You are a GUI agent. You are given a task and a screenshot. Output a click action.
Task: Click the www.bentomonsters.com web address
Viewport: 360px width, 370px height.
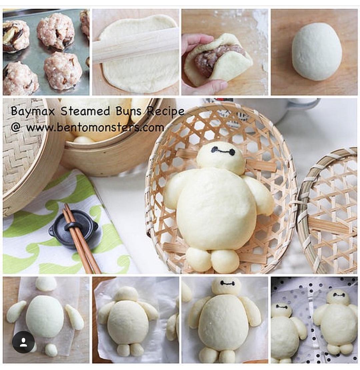coord(95,127)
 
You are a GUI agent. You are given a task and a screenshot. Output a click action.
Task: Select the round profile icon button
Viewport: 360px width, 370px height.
coord(23,342)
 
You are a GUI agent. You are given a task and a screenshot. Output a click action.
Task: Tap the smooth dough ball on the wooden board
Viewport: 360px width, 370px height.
coord(316,52)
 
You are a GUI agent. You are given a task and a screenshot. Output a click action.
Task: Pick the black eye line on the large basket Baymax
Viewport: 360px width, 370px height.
coord(223,151)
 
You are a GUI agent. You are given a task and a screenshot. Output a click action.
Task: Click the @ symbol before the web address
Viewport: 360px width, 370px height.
coord(16,127)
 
